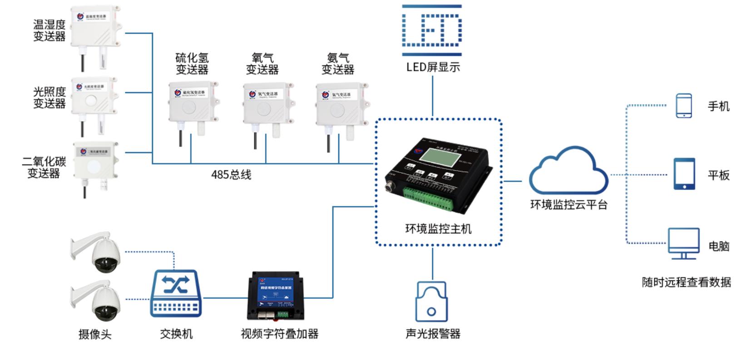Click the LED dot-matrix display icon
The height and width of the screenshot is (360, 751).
click(432, 30)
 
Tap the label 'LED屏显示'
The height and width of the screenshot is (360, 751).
click(433, 67)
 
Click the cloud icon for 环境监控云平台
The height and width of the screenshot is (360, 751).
click(568, 172)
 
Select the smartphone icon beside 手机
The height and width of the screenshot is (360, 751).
click(684, 106)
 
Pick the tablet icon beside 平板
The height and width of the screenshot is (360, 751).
click(684, 174)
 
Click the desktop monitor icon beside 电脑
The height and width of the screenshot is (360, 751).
click(683, 243)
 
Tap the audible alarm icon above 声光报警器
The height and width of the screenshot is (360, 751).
click(431, 301)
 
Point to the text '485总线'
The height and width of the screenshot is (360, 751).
click(231, 175)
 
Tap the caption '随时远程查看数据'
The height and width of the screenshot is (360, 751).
click(686, 282)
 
